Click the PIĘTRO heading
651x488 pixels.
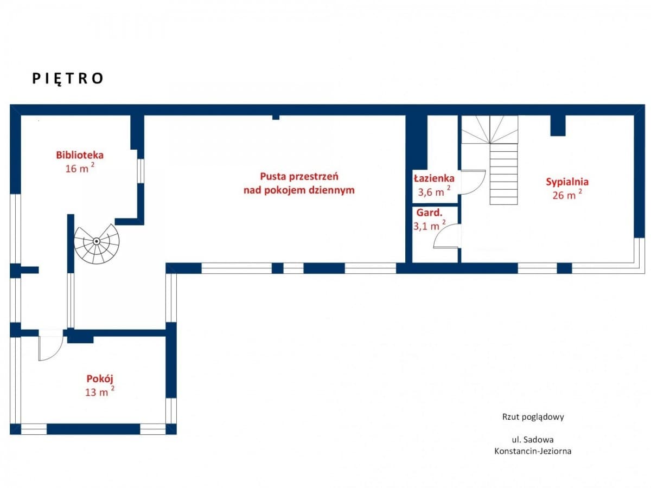(x=68, y=79)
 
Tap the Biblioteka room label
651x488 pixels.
(x=80, y=155)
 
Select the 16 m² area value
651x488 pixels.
(x=80, y=168)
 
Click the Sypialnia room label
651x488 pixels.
(x=567, y=182)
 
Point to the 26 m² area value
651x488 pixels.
(x=567, y=194)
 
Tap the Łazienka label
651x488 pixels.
(x=434, y=178)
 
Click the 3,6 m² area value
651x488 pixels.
(x=434, y=192)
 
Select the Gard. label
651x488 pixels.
(x=429, y=213)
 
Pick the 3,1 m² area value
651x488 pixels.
(x=430, y=226)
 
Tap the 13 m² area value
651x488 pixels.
(x=100, y=391)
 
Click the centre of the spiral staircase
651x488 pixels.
(x=97, y=241)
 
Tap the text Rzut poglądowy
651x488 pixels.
(x=533, y=417)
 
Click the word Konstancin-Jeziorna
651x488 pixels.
(x=533, y=451)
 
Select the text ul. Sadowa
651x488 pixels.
(x=533, y=440)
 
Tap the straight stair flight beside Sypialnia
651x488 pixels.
(x=503, y=174)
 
